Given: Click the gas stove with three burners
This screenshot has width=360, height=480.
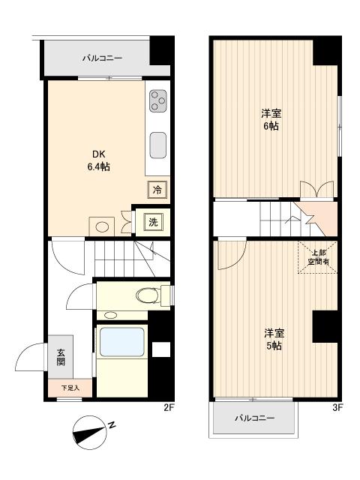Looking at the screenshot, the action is click(158, 101).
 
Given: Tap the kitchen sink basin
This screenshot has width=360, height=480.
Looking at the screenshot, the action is click(158, 145).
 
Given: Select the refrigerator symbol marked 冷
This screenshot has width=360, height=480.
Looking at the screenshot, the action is click(157, 190).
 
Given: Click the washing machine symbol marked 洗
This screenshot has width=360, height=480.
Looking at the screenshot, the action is click(153, 222).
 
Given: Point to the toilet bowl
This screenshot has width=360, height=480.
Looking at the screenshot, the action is click(148, 295).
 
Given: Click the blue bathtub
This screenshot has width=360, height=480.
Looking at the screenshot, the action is click(121, 342).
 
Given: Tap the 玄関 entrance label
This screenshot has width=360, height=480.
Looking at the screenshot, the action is click(61, 357).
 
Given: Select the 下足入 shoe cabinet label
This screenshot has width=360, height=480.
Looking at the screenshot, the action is click(70, 388).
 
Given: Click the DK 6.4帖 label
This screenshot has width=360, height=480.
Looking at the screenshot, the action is click(98, 160).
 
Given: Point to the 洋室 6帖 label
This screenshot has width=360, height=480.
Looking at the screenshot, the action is click(271, 120).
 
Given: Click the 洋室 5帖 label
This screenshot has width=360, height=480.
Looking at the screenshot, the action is click(274, 339).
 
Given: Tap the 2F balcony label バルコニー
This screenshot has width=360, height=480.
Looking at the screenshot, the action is click(102, 58).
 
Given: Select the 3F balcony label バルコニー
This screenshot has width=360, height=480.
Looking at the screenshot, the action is click(255, 418).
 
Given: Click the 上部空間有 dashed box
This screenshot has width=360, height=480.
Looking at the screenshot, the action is click(318, 257).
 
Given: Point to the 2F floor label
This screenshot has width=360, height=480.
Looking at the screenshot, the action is click(169, 408).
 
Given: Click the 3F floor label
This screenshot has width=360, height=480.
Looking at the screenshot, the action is click(337, 408).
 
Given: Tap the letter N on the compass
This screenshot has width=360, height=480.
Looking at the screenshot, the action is click(112, 425).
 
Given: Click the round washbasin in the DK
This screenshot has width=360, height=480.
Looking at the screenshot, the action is click(102, 226).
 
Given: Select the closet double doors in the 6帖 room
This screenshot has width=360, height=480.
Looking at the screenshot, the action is click(316, 190).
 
